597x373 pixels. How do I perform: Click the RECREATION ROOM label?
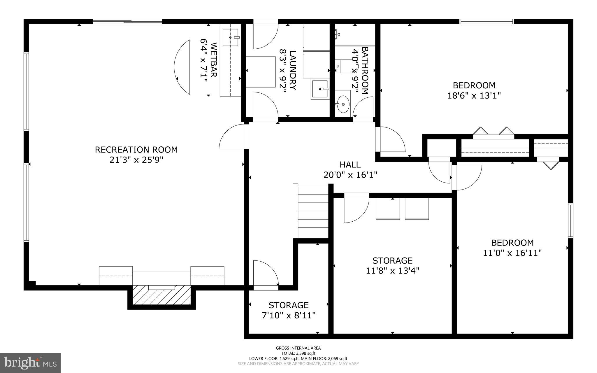pos(136,150)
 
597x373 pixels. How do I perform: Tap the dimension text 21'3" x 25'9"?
pos(136,160)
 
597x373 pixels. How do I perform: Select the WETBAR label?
pos(213,60)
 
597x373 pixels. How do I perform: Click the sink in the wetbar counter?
pos(231,37)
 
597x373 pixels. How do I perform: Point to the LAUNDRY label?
pos(292,70)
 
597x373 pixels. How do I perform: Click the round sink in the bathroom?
pos(343,104)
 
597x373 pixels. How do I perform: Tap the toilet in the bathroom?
pos(342,66)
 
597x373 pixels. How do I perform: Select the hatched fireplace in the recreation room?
pos(161,295)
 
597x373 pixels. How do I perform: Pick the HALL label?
pos(350,165)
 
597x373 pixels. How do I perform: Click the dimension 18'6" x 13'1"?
pos(474,96)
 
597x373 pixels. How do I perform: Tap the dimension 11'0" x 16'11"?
pos(512,253)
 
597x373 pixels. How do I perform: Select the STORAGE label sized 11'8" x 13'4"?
pos(392,260)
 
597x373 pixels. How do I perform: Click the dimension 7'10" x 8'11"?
pos(289,316)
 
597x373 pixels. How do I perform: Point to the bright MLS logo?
pos(30,363)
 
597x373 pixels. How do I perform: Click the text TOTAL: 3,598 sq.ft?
pos(298,353)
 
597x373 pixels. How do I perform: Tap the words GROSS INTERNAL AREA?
pos(298,348)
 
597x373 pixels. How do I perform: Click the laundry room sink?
pos(320,89)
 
